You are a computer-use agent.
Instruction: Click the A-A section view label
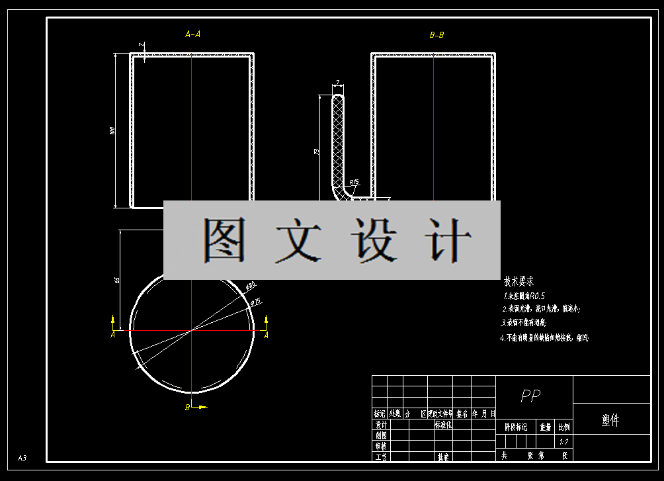pos(192,34)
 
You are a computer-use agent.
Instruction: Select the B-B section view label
pos(436,34)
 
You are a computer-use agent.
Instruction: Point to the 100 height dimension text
pos(112,131)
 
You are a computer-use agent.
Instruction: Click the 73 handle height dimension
pos(317,152)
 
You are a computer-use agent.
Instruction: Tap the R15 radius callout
pos(354,182)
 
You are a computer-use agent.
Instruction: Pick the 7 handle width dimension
pos(337,83)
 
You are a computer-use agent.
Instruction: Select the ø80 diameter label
pos(251,286)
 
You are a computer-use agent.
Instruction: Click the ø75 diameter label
pos(256,302)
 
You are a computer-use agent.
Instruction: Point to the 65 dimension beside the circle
pos(117,281)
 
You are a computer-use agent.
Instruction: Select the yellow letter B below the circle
pos(187,408)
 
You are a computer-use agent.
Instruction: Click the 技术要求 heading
pos(519,281)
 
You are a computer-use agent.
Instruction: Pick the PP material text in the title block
pos(530,396)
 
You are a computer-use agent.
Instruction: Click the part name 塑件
pos(610,420)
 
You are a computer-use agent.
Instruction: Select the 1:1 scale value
pos(563,441)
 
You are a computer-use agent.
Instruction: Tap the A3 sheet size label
pos(22,458)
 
